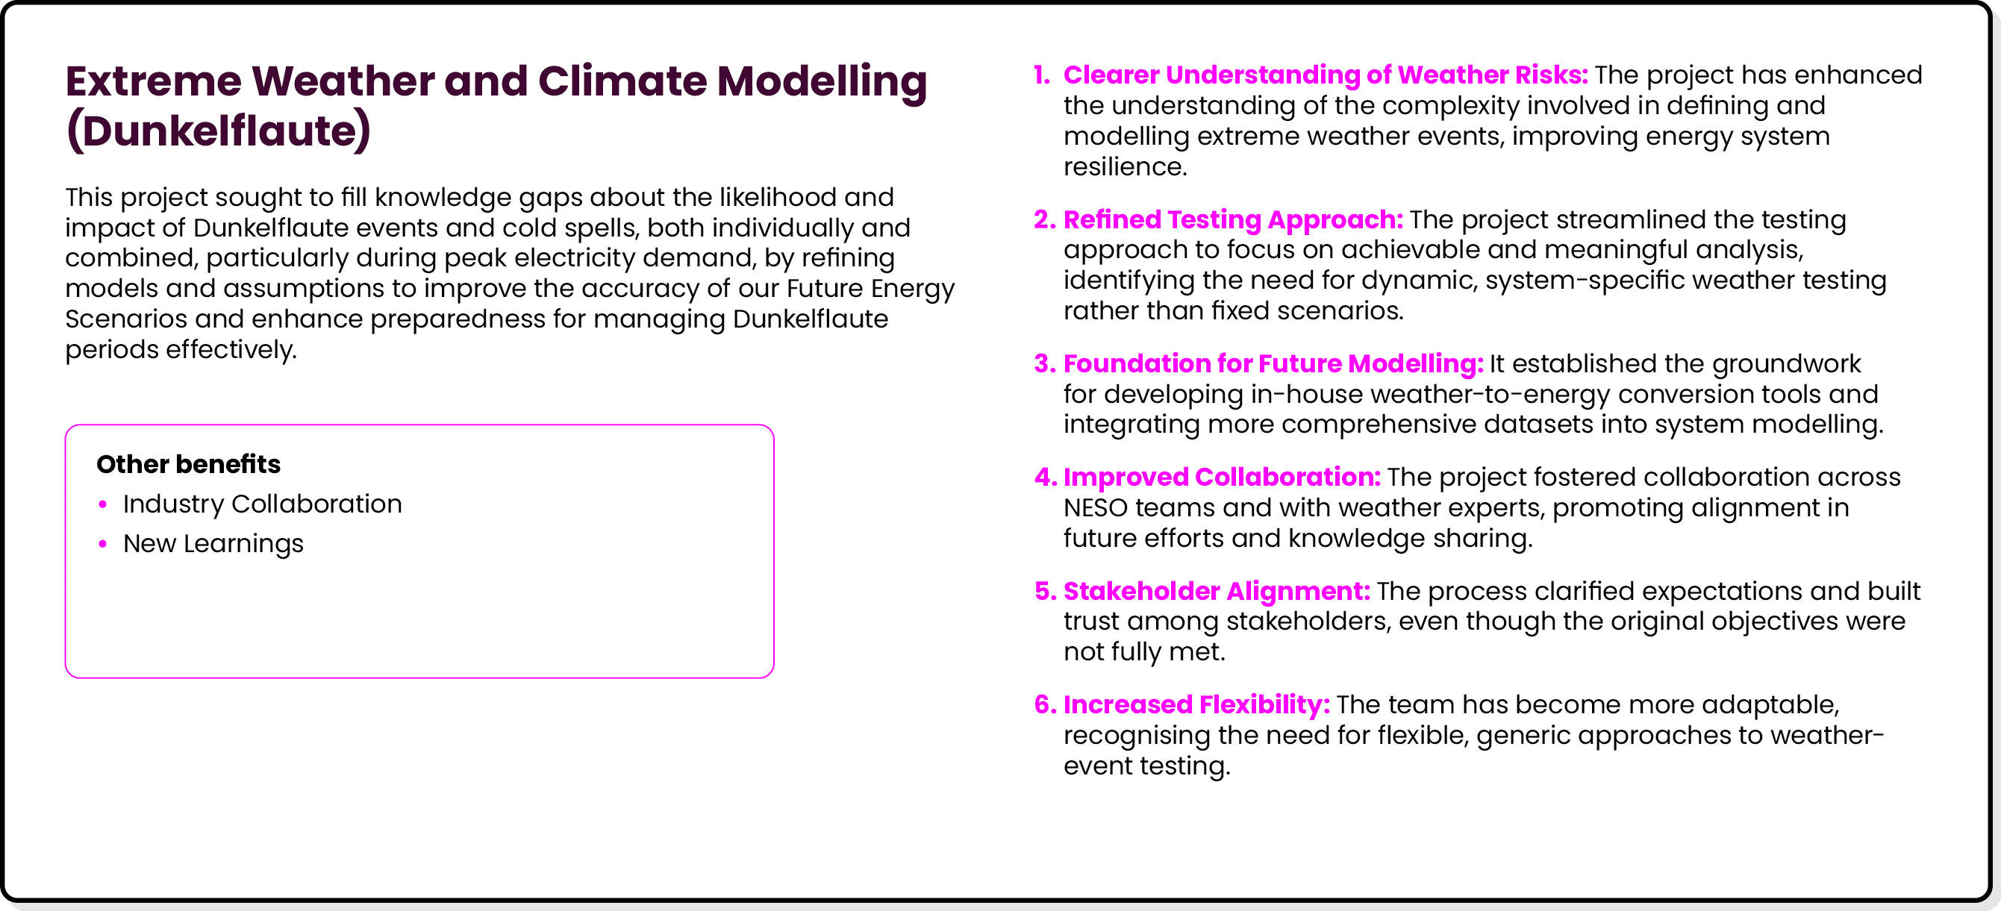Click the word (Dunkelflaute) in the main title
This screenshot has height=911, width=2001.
pos(218,131)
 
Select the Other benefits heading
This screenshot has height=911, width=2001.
pos(188,463)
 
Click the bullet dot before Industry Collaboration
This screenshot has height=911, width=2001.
pos(103,505)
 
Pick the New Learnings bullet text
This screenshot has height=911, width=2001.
pos(213,544)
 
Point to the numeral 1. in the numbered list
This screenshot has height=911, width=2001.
pos(1042,75)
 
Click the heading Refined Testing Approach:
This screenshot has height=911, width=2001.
pos(1233,220)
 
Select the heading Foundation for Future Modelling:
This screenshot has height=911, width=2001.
pos(1273,363)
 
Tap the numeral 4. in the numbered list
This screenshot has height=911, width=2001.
pos(1045,478)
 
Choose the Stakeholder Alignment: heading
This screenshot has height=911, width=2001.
pos(1217,591)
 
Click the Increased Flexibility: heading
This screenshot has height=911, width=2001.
pos(1196,704)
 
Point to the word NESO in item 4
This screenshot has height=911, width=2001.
pos(1095,508)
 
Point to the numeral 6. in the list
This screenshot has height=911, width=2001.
pos(1045,704)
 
